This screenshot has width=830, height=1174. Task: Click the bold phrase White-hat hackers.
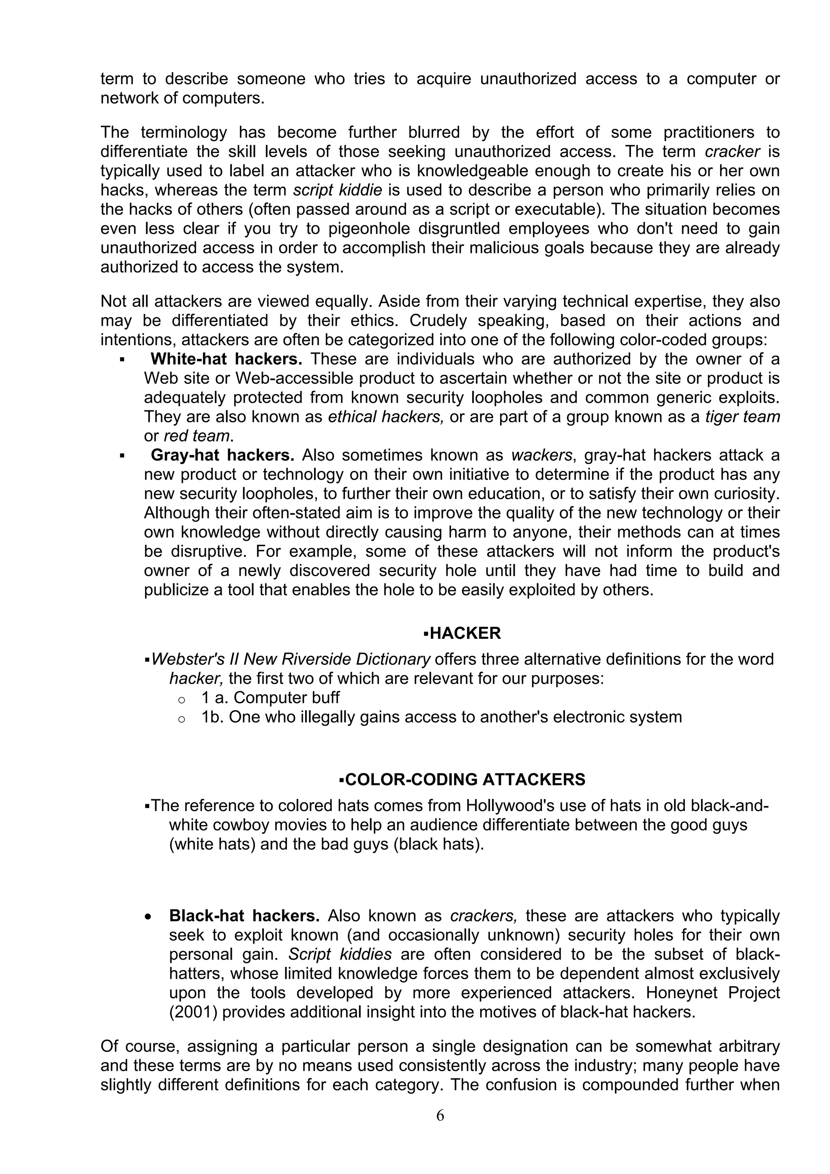[x=226, y=359]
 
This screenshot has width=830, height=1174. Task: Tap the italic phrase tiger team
[x=742, y=417]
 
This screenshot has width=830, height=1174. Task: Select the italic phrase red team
[x=197, y=436]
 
